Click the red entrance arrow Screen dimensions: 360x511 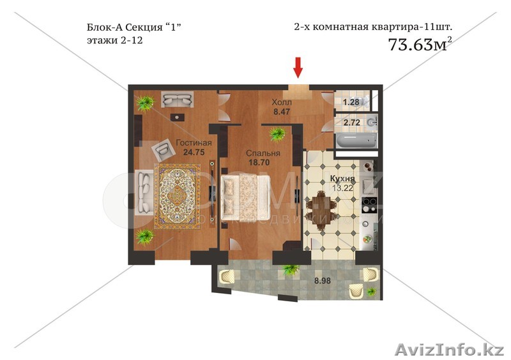tap(298, 67)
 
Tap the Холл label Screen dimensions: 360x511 tap(281, 102)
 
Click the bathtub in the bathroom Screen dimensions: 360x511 tap(355, 140)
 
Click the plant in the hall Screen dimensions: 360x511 tap(277, 133)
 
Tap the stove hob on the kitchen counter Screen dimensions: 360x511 tap(368, 205)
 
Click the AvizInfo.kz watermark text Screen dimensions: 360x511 tap(449, 350)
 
